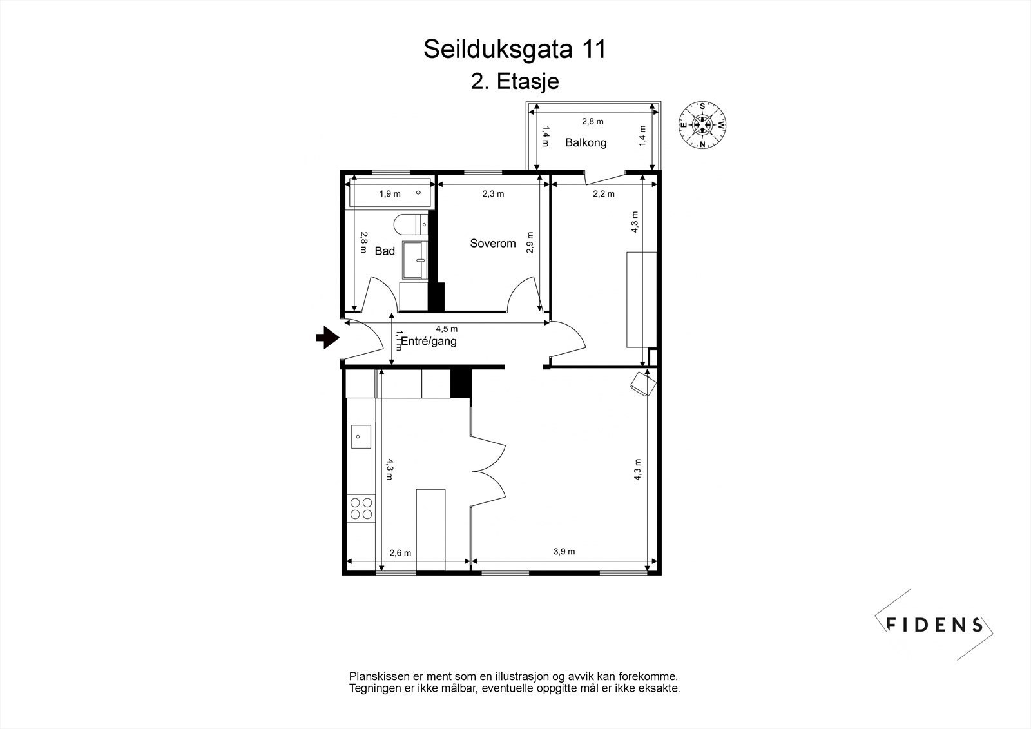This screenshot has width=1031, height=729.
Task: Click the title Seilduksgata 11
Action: [514, 50]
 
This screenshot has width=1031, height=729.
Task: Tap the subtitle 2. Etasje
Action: [514, 82]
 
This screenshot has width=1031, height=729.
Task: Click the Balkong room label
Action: [586, 142]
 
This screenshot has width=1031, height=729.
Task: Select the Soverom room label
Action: [493, 243]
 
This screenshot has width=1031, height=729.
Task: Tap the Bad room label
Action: [385, 251]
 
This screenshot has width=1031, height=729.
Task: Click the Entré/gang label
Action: [429, 341]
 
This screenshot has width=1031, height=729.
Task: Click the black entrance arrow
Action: [328, 336]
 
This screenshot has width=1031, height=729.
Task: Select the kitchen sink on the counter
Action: [361, 436]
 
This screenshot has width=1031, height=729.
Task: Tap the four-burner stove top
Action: [361, 508]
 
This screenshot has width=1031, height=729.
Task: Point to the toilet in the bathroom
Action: [408, 224]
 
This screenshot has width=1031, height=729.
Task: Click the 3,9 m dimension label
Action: [564, 551]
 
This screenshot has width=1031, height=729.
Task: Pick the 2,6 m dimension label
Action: [400, 552]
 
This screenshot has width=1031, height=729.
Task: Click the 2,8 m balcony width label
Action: [592, 121]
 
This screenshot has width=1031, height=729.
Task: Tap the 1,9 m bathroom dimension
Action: [389, 193]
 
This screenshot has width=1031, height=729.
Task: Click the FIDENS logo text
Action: [934, 624]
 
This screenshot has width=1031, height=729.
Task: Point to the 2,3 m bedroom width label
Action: [493, 193]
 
